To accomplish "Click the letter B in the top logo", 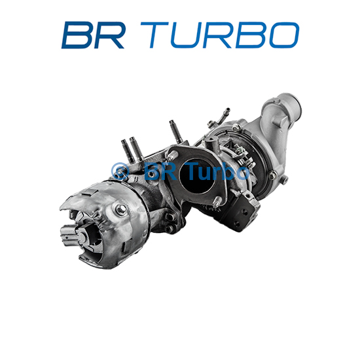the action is (77, 35).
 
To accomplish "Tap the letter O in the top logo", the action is (284, 35).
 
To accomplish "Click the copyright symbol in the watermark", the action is (120, 171).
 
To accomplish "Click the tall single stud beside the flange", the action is (176, 132).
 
